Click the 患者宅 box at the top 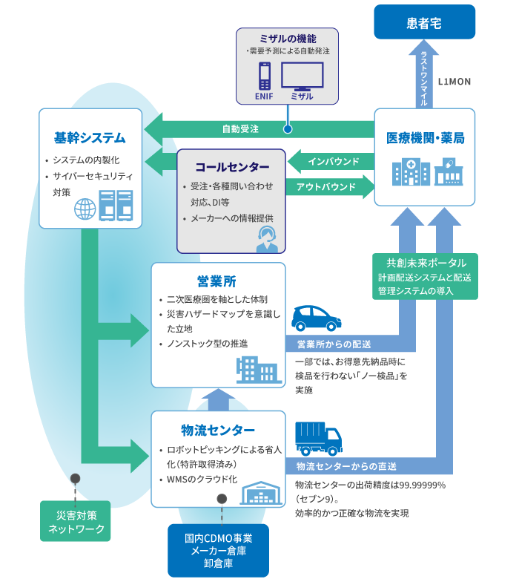[x=424, y=23]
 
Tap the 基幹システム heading [x=90, y=138]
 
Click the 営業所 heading [x=216, y=281]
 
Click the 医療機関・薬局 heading [x=426, y=138]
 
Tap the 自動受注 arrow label [x=240, y=129]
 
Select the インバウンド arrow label [x=334, y=161]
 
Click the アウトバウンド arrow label [x=326, y=187]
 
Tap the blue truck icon [x=318, y=438]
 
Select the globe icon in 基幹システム [x=85, y=208]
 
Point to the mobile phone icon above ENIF [x=264, y=76]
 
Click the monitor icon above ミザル [x=302, y=76]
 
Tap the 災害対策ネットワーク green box [x=76, y=522]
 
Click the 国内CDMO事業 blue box [x=218, y=550]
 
